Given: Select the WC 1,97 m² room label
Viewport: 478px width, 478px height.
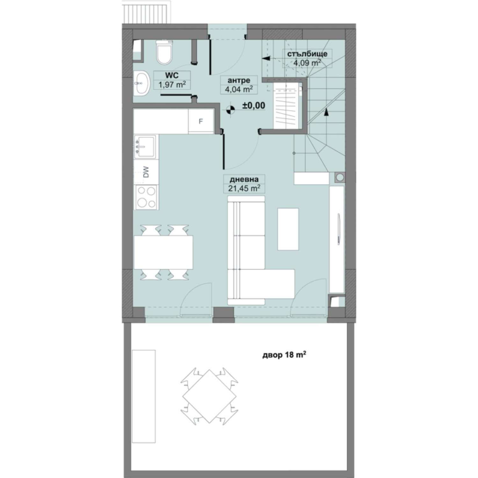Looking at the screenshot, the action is (172, 80).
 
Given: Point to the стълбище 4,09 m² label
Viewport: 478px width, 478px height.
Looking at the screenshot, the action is (307, 58).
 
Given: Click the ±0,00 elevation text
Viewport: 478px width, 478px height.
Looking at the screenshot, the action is (254, 105).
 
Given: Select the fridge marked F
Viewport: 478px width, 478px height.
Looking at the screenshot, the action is (201, 121).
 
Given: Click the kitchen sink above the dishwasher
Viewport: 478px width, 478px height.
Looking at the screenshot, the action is (146, 147).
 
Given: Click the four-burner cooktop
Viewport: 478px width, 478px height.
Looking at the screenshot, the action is (146, 198).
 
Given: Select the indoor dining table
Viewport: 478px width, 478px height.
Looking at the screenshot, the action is (163, 252).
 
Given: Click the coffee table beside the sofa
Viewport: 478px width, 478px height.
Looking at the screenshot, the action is (288, 229).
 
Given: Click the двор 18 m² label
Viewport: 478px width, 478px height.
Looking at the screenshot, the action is (285, 355).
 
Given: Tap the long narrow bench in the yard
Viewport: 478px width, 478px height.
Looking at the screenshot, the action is (144, 396).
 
